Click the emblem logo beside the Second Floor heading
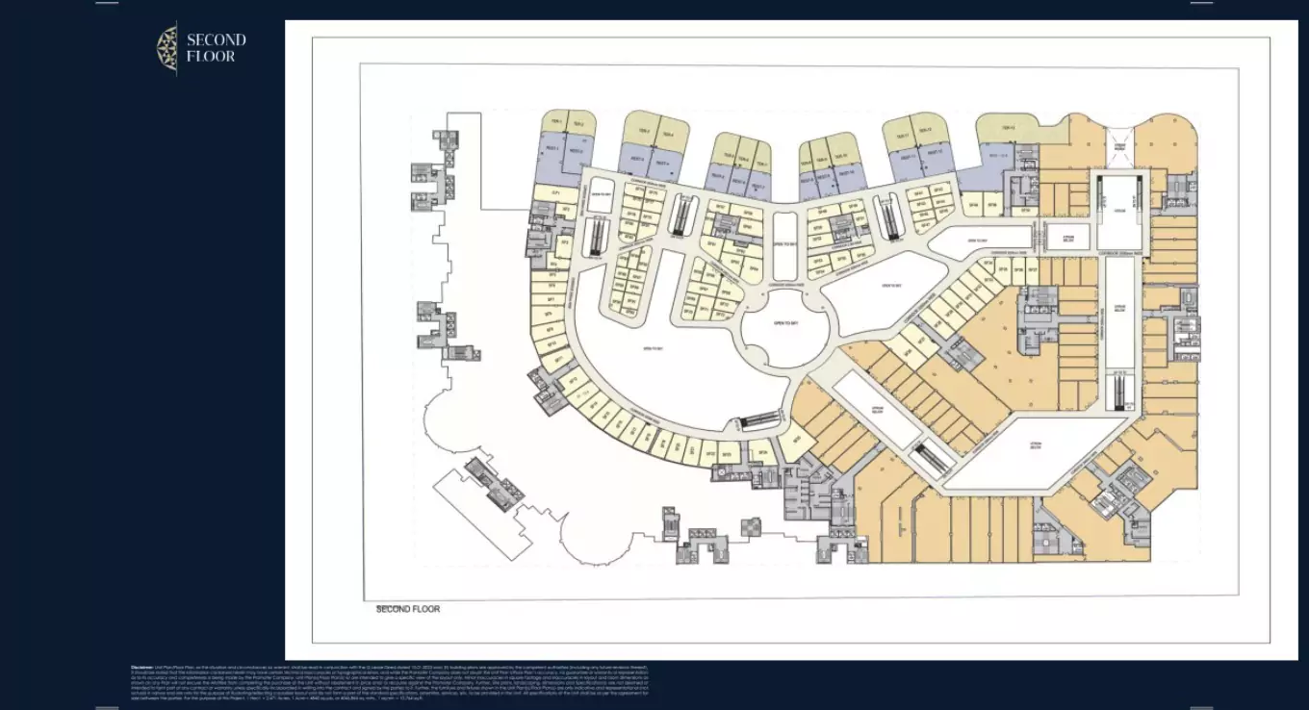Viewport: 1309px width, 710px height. [167, 48]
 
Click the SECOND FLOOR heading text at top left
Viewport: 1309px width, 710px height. [216, 48]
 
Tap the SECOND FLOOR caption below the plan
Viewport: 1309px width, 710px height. [407, 609]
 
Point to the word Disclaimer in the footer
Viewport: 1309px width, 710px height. [142, 666]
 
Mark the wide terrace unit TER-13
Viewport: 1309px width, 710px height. [1008, 128]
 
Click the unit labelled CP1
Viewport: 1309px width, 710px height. [556, 193]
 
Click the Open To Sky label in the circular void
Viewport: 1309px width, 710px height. [785, 324]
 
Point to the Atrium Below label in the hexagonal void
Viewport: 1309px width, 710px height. [1036, 446]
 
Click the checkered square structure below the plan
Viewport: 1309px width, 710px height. [749, 526]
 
